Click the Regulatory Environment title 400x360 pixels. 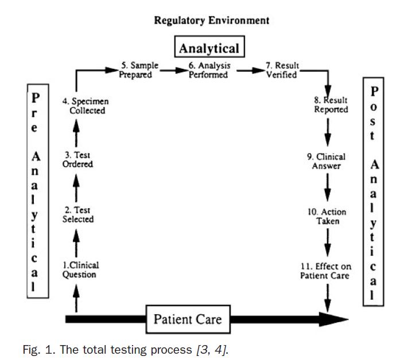point(212,21)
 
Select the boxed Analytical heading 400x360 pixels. point(208,48)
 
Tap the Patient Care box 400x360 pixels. point(187,318)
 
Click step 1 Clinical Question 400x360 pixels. point(80,270)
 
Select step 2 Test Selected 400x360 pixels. point(78,215)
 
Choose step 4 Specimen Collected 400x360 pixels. point(86,106)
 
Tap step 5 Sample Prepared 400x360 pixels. point(138,71)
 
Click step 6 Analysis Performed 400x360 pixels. point(209,71)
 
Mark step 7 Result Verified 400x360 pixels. point(281,71)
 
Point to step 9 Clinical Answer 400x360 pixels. point(327,161)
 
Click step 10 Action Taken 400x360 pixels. point(327,216)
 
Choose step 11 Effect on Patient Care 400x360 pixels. point(326,271)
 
